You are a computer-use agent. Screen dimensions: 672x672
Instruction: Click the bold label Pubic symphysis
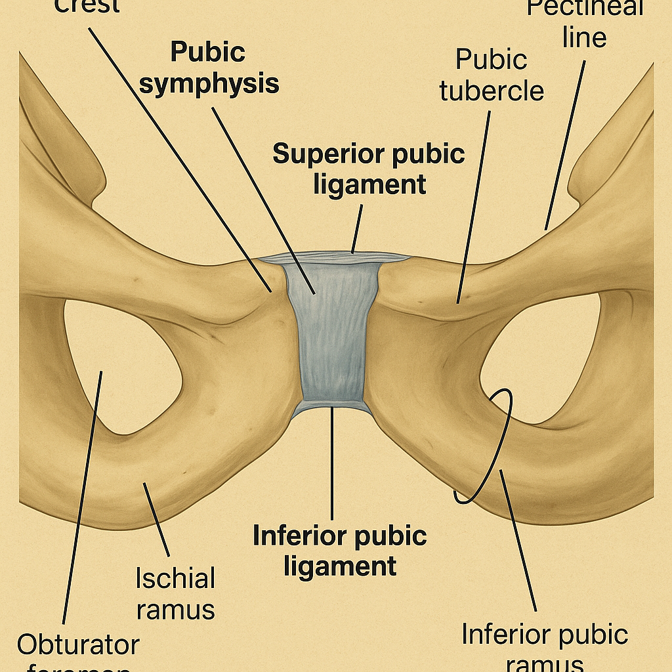(209, 68)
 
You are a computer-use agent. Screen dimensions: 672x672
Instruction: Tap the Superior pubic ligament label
(369, 169)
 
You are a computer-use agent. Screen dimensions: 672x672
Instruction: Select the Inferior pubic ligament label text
(340, 551)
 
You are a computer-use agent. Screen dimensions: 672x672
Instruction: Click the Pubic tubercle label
(492, 75)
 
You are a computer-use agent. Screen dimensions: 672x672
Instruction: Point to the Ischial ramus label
(175, 594)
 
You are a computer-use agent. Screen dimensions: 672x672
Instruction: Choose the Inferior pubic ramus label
(545, 646)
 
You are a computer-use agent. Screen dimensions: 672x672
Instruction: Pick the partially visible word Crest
(87, 7)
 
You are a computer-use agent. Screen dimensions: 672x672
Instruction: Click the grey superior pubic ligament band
(335, 257)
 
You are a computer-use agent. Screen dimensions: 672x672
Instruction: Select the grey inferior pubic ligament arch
(332, 407)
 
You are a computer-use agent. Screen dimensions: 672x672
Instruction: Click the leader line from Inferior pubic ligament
(332, 466)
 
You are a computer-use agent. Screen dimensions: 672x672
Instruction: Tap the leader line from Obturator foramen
(82, 499)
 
